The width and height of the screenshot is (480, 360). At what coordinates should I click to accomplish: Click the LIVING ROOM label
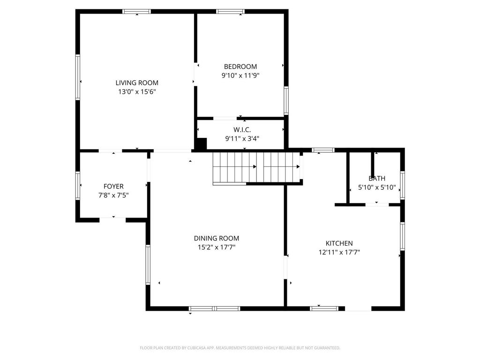tap(137, 82)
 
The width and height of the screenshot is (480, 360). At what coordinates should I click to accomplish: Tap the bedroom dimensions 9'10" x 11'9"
tap(240, 75)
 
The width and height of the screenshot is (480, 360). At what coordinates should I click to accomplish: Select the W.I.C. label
tap(242, 130)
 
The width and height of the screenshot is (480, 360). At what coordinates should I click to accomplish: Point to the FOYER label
tap(113, 187)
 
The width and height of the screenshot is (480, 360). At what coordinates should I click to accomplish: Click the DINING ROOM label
tap(217, 238)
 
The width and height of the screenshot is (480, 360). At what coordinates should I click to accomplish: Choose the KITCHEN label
tap(339, 243)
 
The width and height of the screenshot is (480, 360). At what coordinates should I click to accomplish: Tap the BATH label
tap(377, 179)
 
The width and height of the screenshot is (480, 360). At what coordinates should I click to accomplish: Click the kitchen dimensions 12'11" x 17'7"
tap(339, 252)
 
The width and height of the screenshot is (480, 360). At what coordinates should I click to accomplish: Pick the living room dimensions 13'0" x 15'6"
tap(137, 91)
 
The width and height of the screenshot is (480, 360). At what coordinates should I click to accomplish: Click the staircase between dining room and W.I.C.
tap(256, 168)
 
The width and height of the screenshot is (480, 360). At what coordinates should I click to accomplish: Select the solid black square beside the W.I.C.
tap(201, 143)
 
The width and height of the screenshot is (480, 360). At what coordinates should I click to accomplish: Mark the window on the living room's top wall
tap(136, 12)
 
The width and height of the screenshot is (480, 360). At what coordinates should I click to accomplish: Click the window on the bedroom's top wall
tap(230, 12)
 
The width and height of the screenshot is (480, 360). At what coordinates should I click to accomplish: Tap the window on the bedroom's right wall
tap(286, 100)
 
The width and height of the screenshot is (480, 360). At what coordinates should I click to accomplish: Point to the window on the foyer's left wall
tap(78, 186)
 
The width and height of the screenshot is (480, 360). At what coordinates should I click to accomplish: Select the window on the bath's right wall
tap(403, 186)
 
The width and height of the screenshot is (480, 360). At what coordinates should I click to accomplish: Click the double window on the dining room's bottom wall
tap(214, 308)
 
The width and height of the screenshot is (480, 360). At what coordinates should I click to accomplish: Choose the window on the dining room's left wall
tap(148, 265)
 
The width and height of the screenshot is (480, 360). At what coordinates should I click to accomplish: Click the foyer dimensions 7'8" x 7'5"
tap(113, 195)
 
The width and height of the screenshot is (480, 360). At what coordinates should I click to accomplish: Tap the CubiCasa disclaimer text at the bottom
tap(240, 348)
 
